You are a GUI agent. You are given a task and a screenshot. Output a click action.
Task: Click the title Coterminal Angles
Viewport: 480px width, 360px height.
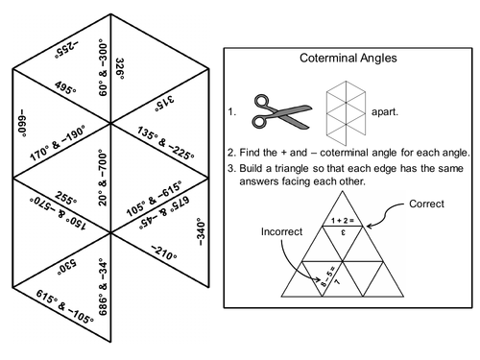351,60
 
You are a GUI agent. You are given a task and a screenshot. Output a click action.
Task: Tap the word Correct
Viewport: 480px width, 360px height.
427,204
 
